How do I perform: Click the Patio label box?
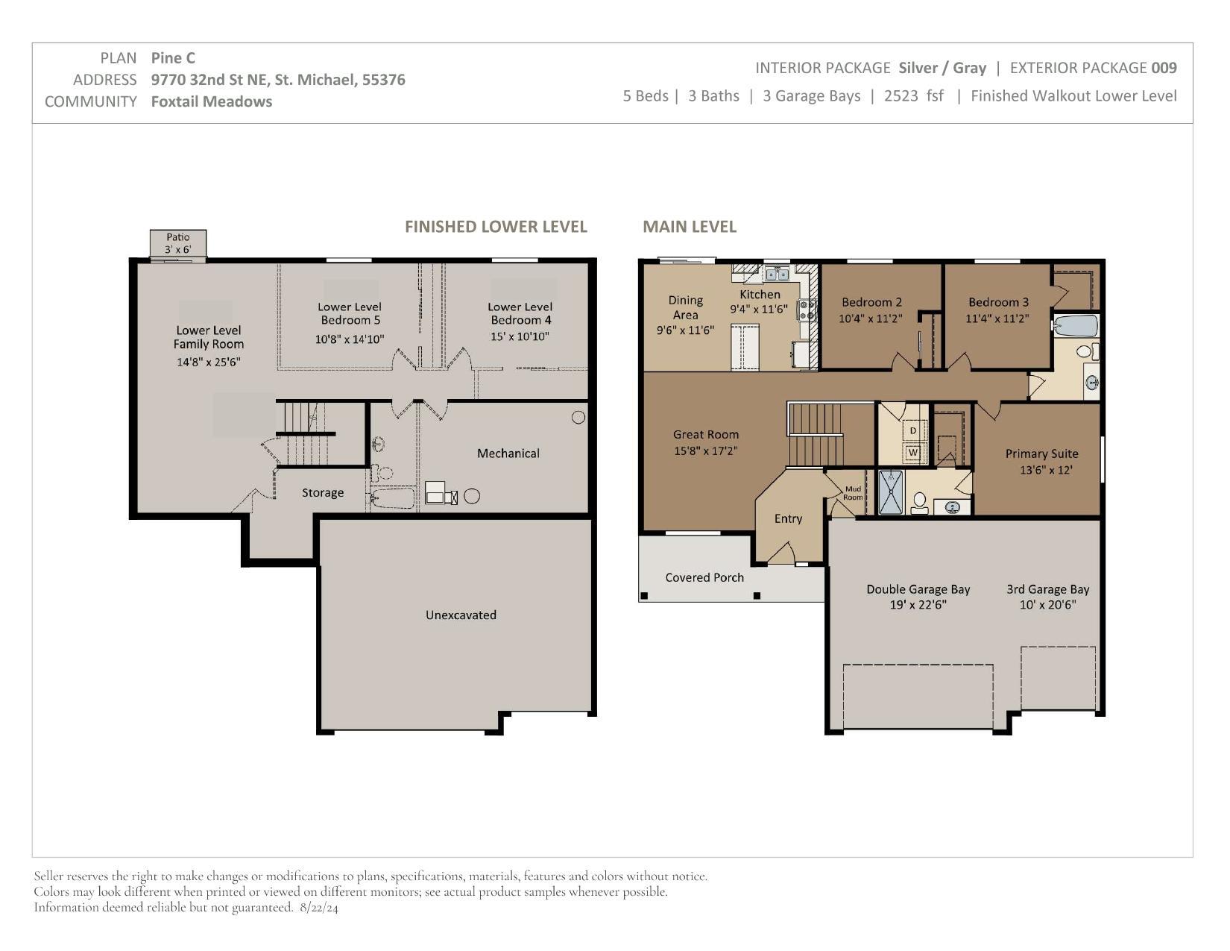click(177, 243)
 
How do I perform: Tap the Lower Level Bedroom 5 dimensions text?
click(349, 339)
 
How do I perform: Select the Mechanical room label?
click(508, 453)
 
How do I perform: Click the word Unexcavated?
click(461, 615)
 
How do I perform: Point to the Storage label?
click(323, 493)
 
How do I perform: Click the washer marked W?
click(912, 453)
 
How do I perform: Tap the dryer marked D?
click(912, 431)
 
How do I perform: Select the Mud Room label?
click(853, 493)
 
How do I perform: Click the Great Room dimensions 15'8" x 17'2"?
click(705, 451)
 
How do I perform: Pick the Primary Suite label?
click(1041, 453)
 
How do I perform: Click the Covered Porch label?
click(704, 577)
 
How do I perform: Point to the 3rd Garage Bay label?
click(1047, 589)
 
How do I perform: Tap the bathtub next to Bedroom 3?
click(1076, 327)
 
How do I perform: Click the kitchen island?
click(745, 348)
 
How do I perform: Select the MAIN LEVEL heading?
click(689, 227)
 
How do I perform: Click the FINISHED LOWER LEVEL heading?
click(496, 227)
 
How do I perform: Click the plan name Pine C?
click(173, 57)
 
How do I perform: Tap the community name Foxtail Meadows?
click(211, 101)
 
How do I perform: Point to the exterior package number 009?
click(1164, 68)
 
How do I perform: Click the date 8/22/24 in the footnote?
click(318, 908)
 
